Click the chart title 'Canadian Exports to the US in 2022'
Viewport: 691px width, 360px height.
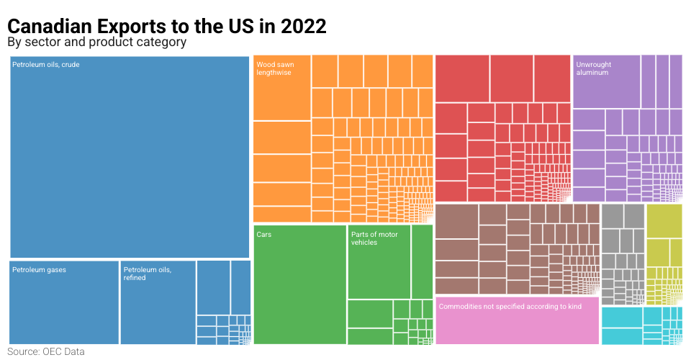(167, 26)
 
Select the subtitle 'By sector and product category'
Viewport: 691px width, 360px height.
(96, 42)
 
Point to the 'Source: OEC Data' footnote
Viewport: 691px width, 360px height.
(46, 352)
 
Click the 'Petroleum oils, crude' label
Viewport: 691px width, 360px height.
(46, 65)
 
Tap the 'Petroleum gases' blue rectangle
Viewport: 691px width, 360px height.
(64, 302)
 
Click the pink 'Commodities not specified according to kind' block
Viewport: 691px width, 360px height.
(517, 321)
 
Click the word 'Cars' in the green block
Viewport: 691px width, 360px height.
(264, 235)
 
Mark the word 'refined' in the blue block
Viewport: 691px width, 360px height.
(135, 278)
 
